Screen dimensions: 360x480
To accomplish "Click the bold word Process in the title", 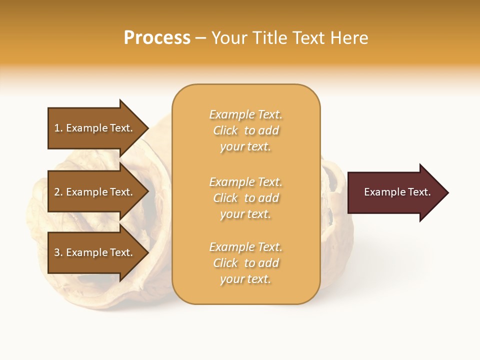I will coord(157,38).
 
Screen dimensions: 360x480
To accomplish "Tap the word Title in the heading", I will coord(270,38).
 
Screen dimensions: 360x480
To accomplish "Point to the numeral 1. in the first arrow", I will coord(58,128).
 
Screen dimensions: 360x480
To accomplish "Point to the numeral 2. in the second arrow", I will coord(58,192).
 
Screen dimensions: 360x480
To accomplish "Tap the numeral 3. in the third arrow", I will coord(58,252).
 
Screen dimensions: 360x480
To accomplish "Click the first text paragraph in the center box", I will coord(245,130).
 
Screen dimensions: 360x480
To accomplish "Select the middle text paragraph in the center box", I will coord(245,198).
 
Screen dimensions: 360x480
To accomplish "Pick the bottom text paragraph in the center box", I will coord(245,263).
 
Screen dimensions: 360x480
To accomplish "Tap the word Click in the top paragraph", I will coord(225,130).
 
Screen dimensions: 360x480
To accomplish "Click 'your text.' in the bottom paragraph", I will coord(245,279).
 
